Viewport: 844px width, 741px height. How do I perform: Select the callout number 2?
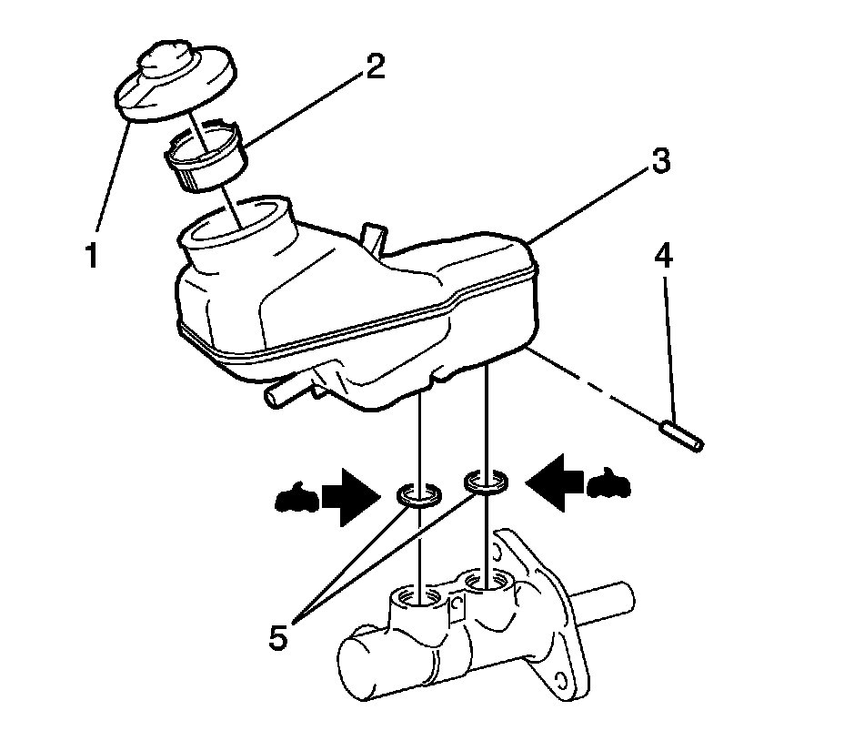(374, 67)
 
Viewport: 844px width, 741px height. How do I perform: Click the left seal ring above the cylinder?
(419, 495)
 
